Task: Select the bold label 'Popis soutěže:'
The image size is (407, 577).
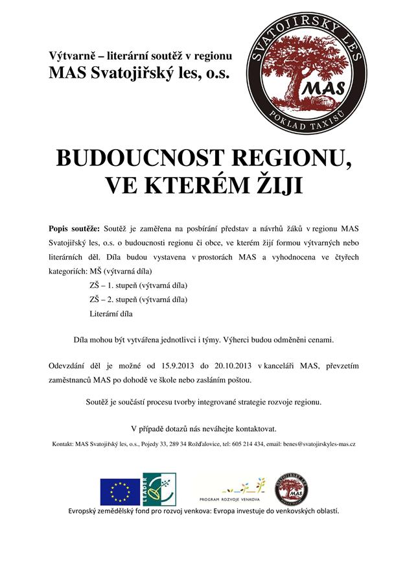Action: click(x=74, y=229)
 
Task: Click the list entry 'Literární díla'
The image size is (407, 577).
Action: click(x=111, y=313)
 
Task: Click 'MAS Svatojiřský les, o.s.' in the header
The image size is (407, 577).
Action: click(x=139, y=73)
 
